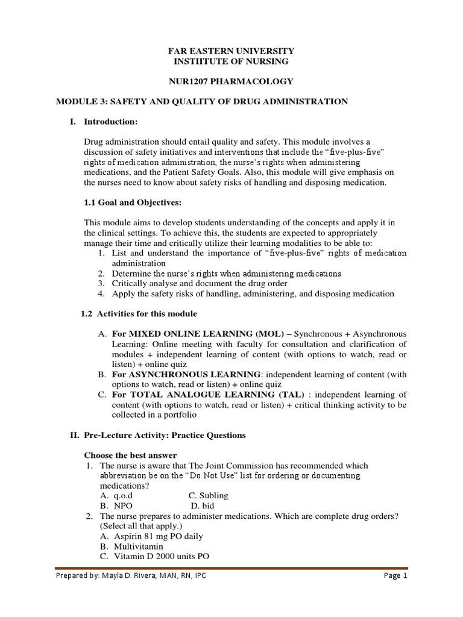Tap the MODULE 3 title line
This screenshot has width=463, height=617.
click(201, 102)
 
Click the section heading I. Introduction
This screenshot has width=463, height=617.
click(104, 122)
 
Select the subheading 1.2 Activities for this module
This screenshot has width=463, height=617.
click(139, 314)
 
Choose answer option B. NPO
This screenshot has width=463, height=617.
click(118, 506)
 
